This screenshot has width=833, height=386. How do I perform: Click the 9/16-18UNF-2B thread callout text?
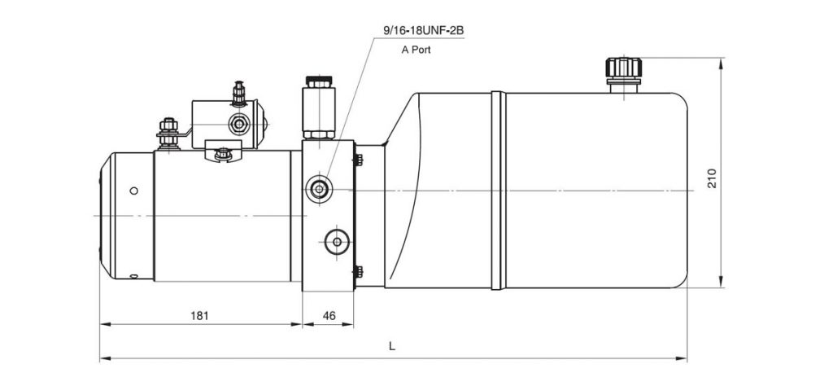pyautogui.click(x=423, y=30)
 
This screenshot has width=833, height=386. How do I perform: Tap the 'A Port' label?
pyautogui.click(x=416, y=50)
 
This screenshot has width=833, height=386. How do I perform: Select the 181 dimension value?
pyautogui.click(x=199, y=315)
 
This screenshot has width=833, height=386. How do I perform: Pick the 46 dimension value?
pyautogui.click(x=329, y=315)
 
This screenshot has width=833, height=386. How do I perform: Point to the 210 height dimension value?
pyautogui.click(x=713, y=178)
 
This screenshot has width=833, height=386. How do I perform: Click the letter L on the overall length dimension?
pyautogui.click(x=392, y=346)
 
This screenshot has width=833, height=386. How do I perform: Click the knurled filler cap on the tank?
pyautogui.click(x=623, y=68)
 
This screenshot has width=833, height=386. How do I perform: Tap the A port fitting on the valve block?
pyautogui.click(x=319, y=189)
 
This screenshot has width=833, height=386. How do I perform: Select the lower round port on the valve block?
pyautogui.click(x=337, y=242)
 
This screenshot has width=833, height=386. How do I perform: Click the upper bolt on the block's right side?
pyautogui.click(x=359, y=160)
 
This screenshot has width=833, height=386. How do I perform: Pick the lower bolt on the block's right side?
pyautogui.click(x=359, y=272)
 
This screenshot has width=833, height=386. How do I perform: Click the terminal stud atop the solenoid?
pyautogui.click(x=239, y=94)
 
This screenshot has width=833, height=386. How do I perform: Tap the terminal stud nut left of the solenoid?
pyautogui.click(x=168, y=133)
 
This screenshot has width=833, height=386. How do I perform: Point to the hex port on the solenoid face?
pyautogui.click(x=238, y=125)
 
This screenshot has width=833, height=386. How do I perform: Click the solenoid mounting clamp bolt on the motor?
pyautogui.click(x=224, y=155)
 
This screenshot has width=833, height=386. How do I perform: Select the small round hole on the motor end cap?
pyautogui.click(x=134, y=191)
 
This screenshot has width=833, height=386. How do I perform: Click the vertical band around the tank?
pyautogui.click(x=498, y=191)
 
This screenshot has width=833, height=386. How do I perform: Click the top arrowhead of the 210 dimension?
pyautogui.click(x=721, y=64)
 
